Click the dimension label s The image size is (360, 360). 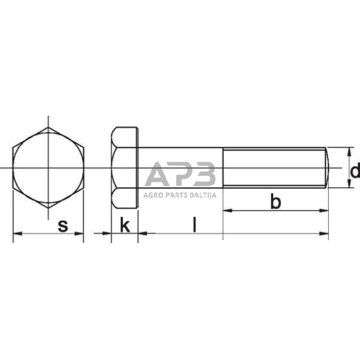click(62, 225)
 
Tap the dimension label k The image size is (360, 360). click(125, 225)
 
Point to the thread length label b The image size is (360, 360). click(276, 202)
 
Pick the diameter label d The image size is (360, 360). click(353, 171)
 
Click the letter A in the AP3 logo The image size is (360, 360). click(157, 174)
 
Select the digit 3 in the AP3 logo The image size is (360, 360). click(204, 174)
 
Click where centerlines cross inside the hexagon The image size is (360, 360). click(48, 168)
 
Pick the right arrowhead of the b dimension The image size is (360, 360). click(325, 210)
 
